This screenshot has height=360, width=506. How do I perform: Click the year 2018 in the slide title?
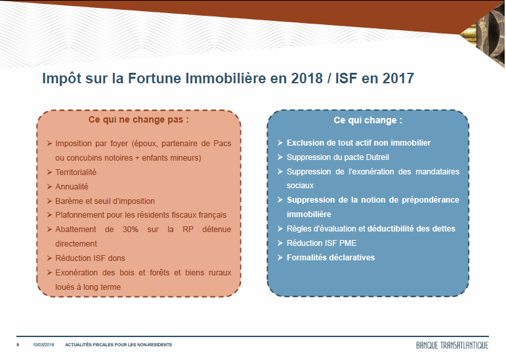pos(306,78)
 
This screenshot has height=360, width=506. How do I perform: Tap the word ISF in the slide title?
pos(345,78)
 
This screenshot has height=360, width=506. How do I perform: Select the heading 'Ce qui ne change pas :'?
pos(138,119)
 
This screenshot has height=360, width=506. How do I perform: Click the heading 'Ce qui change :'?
pos(368,120)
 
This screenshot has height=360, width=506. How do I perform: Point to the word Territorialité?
pos(76,172)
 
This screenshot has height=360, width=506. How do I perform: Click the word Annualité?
pos(72,187)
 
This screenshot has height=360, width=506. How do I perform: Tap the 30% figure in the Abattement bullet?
pos(131,230)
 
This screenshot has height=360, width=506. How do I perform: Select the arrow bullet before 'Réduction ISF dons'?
pos(49,258)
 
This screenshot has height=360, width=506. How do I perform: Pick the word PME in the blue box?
pos(348,243)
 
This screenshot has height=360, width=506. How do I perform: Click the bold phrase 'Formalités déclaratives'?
pos(331,258)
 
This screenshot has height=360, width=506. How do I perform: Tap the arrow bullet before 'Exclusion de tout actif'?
pos(280,142)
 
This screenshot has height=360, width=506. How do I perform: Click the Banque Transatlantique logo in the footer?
pos(452,345)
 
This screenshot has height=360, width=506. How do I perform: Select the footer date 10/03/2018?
pos(43,345)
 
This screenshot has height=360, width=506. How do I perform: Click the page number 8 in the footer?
pos(18,345)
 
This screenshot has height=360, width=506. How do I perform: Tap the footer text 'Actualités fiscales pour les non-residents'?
pos(118,345)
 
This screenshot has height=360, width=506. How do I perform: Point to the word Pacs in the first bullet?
pos(222,144)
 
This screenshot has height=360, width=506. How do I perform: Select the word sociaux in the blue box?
pos(300,186)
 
